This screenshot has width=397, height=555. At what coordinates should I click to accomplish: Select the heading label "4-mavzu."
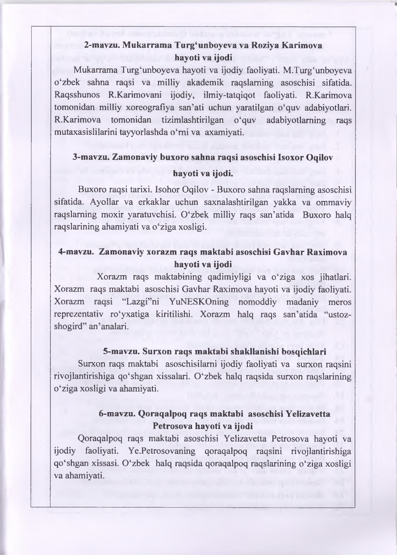point(75,252)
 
